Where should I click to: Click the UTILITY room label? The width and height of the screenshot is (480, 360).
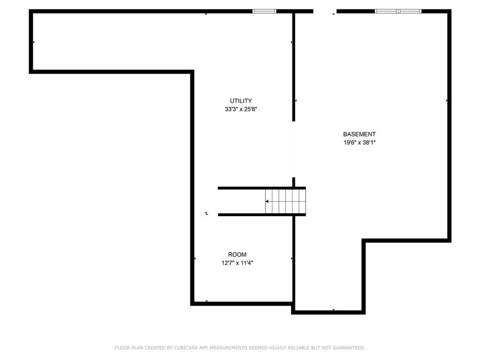point(241,101)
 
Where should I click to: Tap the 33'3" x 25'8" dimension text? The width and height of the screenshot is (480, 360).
point(241,109)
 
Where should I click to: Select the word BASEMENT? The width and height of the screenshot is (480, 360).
point(359,134)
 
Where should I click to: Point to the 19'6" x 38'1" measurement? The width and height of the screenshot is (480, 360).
point(360,142)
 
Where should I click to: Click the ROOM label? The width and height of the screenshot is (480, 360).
point(237,255)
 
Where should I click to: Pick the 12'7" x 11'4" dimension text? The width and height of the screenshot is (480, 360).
point(237,262)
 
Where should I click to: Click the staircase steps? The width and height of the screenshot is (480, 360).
point(285,202)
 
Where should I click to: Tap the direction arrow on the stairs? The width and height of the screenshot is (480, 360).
point(267,202)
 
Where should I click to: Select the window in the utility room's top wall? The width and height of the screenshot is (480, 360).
point(264,11)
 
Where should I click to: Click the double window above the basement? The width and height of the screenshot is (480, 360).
point(398,11)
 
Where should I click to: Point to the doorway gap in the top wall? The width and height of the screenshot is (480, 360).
point(325,11)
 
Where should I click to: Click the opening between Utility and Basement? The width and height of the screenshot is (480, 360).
point(293,150)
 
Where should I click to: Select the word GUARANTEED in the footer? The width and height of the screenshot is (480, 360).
point(349,348)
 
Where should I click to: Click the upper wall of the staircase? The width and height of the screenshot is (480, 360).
point(262,188)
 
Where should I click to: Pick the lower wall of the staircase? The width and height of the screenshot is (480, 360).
point(262,215)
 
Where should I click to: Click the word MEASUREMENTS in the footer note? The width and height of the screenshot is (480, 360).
point(228,348)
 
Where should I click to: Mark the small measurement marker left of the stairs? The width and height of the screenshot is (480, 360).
point(207,213)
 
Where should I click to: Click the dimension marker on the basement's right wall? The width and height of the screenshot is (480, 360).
point(447,100)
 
